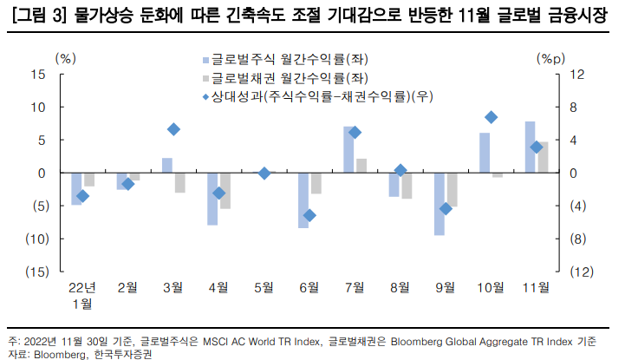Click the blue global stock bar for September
point(439,204)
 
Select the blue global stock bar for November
point(530,147)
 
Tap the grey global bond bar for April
point(225,191)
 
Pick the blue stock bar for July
point(348,150)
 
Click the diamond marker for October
point(492,117)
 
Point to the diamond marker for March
point(173,129)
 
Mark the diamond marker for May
point(264,173)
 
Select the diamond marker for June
point(309,215)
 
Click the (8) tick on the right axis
point(579,239)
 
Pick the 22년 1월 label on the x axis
point(82,295)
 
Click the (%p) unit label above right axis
point(551,58)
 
